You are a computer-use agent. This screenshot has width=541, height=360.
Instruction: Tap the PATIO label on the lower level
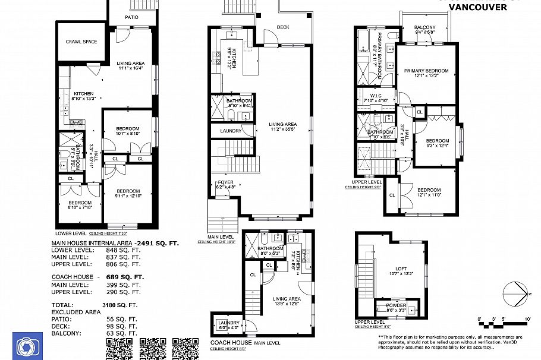tap(131, 17)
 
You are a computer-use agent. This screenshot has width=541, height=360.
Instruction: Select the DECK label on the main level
tap(282, 27)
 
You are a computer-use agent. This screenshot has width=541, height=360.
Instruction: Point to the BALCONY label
tap(425, 27)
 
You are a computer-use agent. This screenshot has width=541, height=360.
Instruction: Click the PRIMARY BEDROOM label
tap(426, 71)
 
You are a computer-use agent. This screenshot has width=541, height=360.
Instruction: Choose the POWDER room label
tap(396, 305)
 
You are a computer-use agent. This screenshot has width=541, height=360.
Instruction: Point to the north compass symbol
tap(515, 294)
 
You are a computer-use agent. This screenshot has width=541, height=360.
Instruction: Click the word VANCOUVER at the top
tap(477, 7)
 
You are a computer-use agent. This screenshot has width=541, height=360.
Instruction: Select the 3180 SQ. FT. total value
tap(119, 305)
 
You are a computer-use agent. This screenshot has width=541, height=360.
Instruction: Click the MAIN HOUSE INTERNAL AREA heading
tap(92, 243)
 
